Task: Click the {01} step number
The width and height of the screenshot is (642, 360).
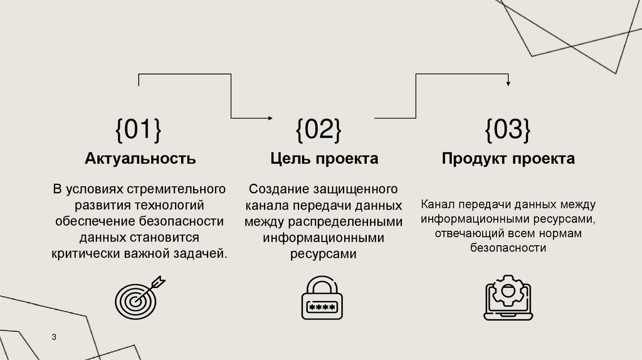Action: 138,130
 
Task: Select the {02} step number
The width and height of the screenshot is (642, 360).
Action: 318,130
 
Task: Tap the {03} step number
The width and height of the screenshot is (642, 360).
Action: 507,130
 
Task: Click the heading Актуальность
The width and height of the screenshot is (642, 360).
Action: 140,159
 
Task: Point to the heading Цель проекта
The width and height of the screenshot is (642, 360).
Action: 324,159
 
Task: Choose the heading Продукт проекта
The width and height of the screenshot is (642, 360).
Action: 508,159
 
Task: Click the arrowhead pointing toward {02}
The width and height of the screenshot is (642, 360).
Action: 270,118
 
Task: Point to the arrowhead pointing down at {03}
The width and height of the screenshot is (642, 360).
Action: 508,83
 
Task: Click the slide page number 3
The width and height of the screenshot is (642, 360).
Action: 54,338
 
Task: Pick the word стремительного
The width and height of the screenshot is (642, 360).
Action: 177,189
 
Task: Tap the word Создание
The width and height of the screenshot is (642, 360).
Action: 276,189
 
